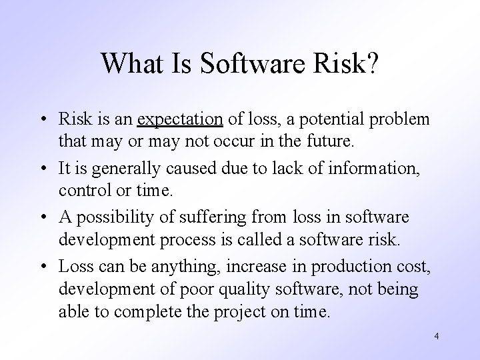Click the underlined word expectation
click(179, 120)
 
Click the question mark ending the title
click(371, 63)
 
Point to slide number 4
click(436, 337)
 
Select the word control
click(81, 190)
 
